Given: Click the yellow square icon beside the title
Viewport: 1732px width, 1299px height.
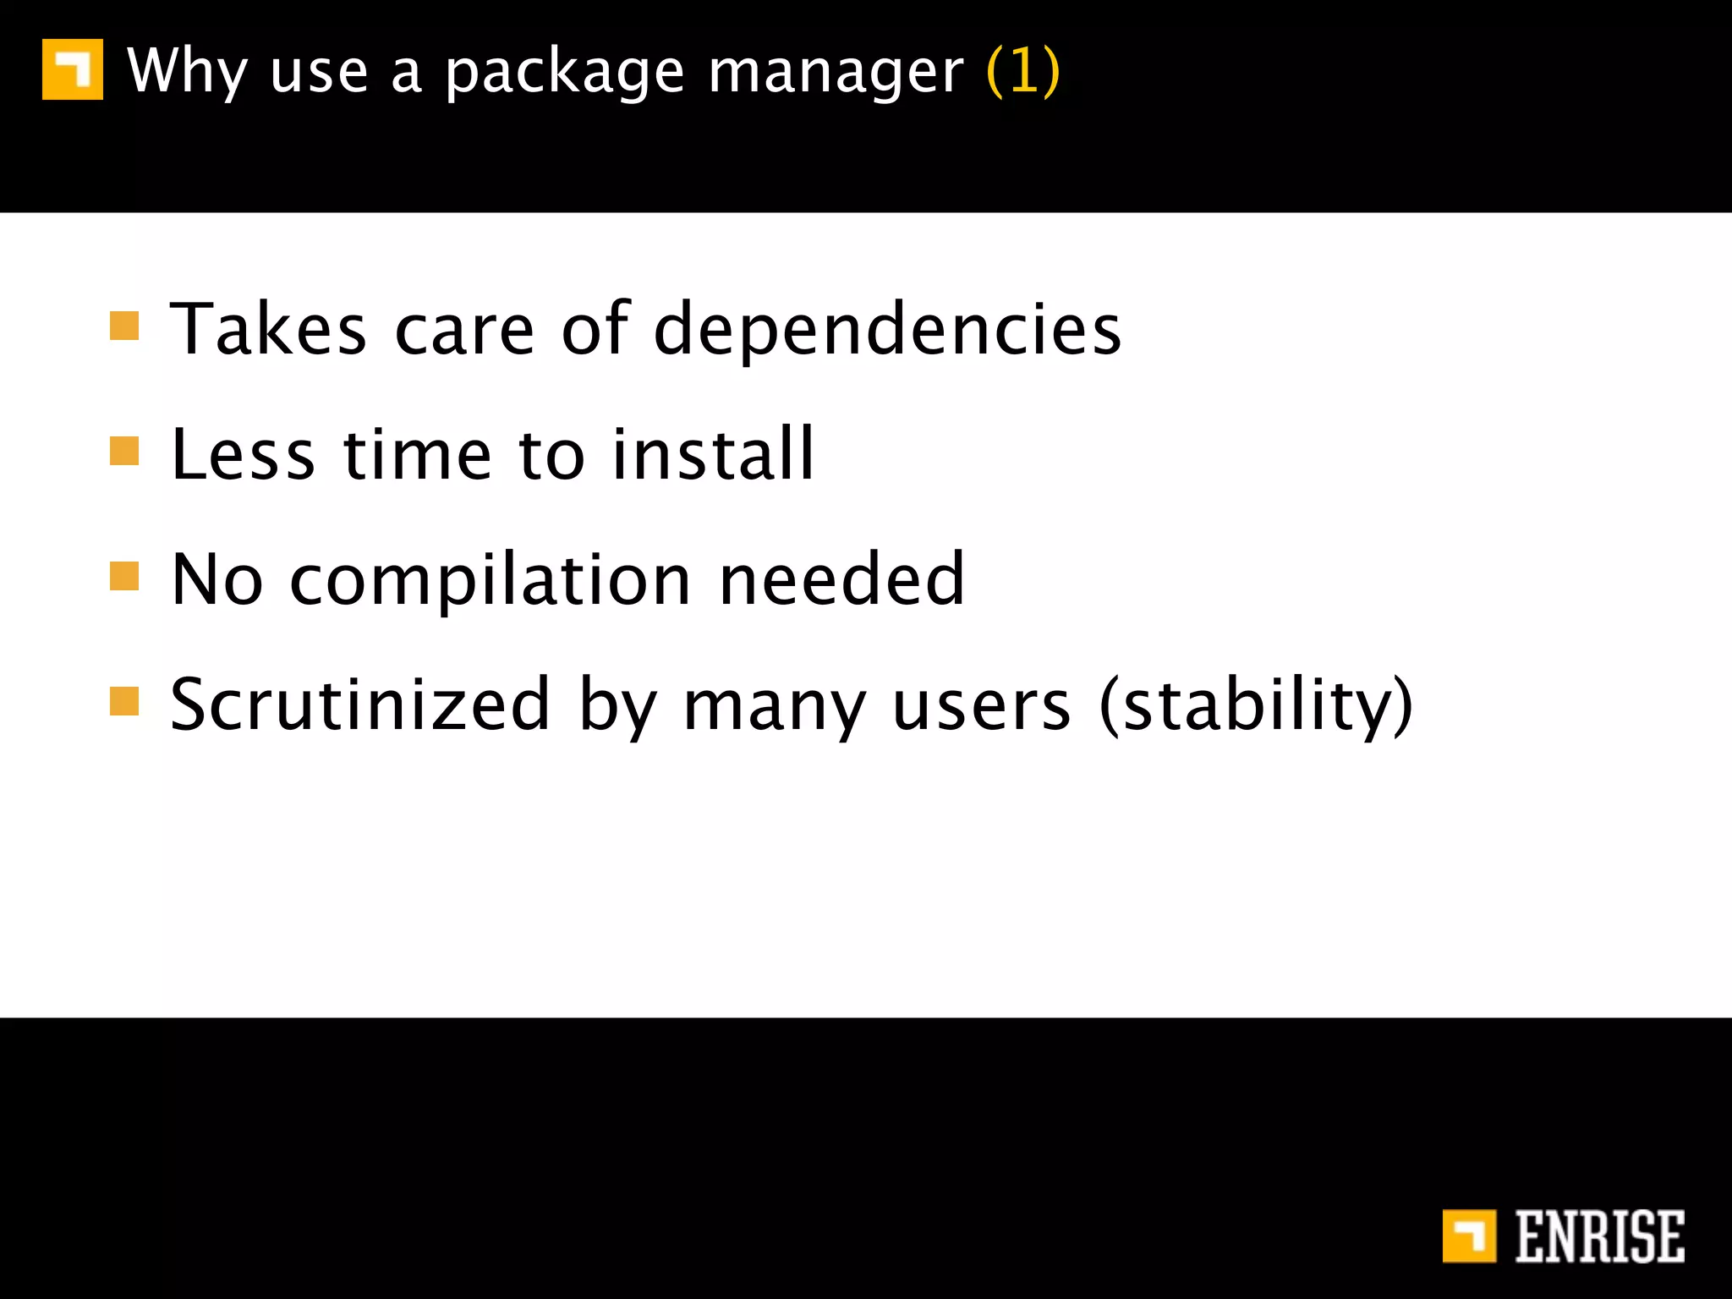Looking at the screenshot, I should (73, 69).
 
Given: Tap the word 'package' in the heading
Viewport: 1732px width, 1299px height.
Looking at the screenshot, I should (564, 73).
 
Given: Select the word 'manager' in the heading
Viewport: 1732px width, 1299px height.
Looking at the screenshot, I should (836, 73).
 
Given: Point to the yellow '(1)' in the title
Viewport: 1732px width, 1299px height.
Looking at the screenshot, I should (1022, 71).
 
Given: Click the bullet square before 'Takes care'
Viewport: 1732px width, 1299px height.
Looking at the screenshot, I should (124, 326).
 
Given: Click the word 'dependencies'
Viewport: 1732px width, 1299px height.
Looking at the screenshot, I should (887, 330).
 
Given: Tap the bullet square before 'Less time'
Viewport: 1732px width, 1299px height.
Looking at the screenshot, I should (124, 451).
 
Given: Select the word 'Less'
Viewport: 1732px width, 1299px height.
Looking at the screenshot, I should (244, 455).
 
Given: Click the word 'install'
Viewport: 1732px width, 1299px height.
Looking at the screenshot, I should (712, 455).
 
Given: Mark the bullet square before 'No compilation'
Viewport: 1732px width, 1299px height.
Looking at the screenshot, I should (124, 576).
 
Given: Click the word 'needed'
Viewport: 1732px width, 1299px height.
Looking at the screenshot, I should (841, 579).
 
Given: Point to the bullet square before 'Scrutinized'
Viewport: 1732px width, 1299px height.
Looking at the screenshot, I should (124, 701).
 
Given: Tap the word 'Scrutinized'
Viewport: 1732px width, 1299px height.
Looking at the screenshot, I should (360, 704).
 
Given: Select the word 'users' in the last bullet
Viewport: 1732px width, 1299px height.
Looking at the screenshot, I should (981, 706).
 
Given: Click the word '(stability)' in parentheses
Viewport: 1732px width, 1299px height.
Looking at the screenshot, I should (1256, 706).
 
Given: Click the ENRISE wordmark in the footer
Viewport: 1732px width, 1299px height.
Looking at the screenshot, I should (1599, 1236).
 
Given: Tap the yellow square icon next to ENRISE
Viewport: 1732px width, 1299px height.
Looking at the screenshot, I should (1469, 1236).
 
